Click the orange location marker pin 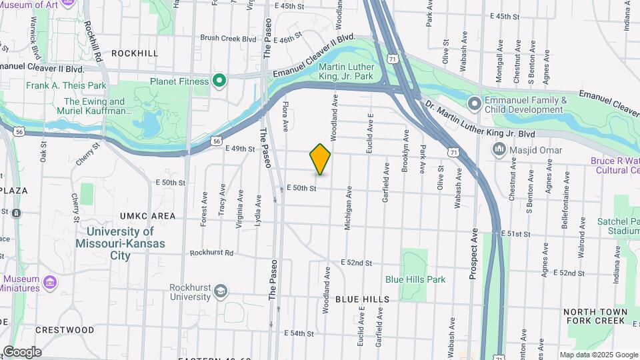[321, 159]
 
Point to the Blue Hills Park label [415, 279]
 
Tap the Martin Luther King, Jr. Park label [346, 72]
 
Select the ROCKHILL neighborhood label [135, 53]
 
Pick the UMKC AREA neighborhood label [148, 216]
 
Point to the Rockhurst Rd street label [211, 253]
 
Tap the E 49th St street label [241, 148]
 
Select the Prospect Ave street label [474, 254]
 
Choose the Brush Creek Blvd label [228, 39]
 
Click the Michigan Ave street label [348, 209]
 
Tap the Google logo [22, 352]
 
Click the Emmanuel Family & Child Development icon [474, 103]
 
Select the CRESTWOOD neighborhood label [65, 330]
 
